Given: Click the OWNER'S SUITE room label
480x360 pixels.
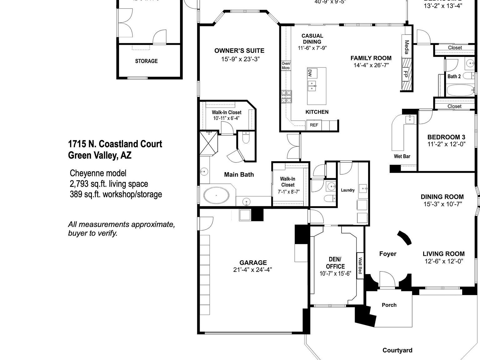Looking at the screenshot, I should pyautogui.click(x=239, y=51).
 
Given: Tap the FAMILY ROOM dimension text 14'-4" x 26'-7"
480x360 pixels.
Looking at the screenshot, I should pyautogui.click(x=371, y=65).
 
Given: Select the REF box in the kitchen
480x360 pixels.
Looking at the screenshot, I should pyautogui.click(x=314, y=125).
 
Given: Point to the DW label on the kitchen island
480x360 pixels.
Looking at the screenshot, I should pyautogui.click(x=310, y=73).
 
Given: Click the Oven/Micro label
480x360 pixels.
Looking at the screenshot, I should pyautogui.click(x=286, y=66).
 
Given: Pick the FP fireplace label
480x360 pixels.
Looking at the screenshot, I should pyautogui.click(x=405, y=74).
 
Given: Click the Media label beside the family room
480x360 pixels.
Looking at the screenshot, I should pyautogui.click(x=407, y=47).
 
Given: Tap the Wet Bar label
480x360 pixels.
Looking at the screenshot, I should pyautogui.click(x=402, y=156).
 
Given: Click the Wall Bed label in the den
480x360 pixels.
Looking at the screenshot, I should pyautogui.click(x=360, y=265).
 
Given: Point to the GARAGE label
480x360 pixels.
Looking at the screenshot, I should pyautogui.click(x=253, y=263).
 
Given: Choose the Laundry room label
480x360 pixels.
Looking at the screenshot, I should pyautogui.click(x=347, y=190).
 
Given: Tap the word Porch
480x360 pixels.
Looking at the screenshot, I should pyautogui.click(x=389, y=305).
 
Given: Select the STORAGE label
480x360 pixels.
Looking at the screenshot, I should pyautogui.click(x=146, y=61).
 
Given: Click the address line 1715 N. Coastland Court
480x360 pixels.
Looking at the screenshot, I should pyautogui.click(x=115, y=144).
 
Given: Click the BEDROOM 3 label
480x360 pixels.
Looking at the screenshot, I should pyautogui.click(x=446, y=137).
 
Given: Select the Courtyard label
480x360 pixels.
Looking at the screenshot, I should pyautogui.click(x=397, y=350).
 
